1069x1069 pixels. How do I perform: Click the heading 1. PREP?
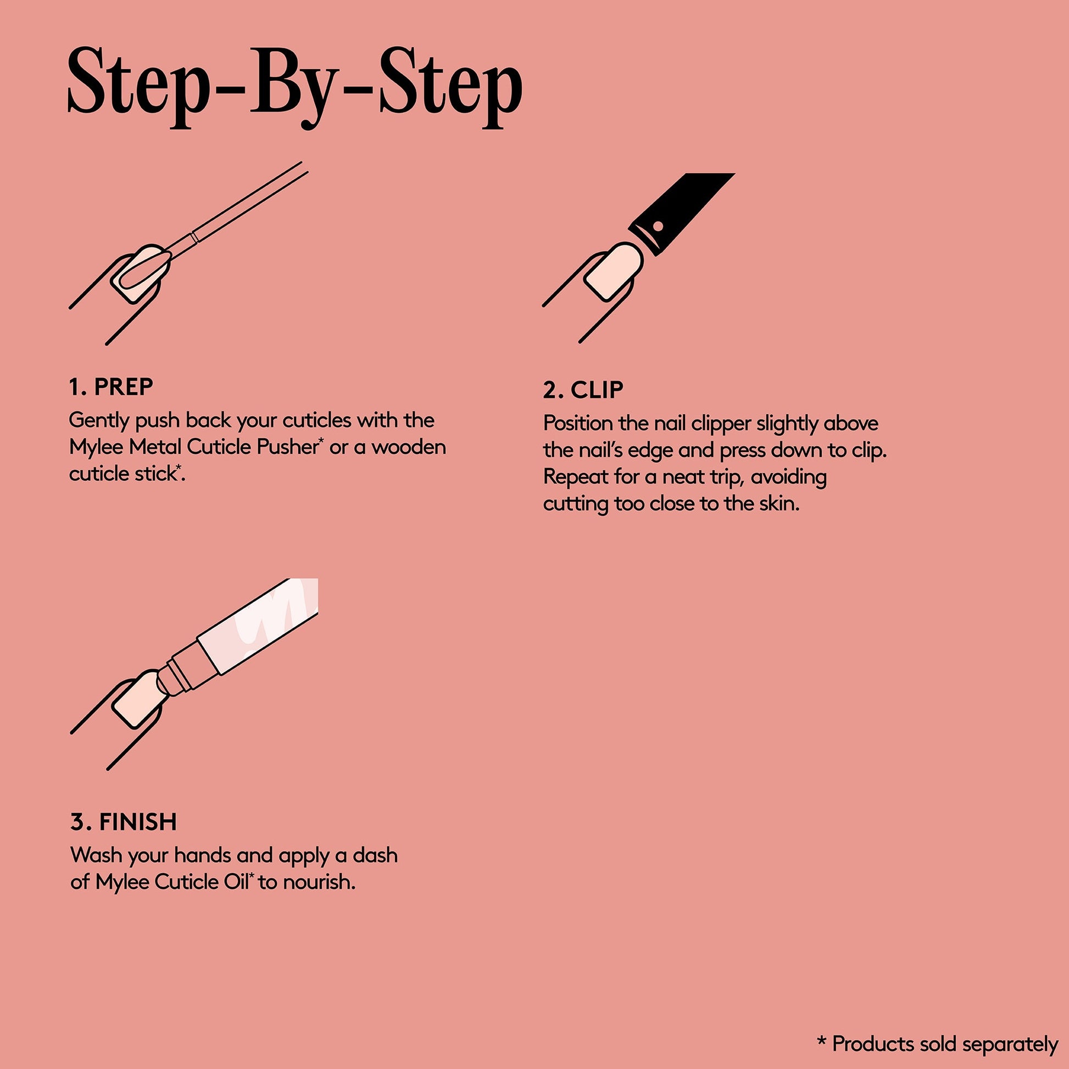pos(111,387)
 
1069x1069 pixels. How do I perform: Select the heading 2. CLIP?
pos(583,390)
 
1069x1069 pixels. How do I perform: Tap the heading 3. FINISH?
pos(124,822)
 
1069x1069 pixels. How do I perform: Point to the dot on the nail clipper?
pos(658,226)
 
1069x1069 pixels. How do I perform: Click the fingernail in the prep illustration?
pos(141,274)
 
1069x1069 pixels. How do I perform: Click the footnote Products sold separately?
pos(945,1044)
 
